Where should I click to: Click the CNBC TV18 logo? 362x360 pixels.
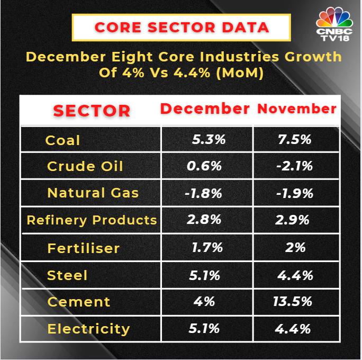pos(334,24)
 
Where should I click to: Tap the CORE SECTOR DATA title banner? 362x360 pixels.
pos(181,28)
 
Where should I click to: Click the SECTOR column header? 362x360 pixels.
pos(92,111)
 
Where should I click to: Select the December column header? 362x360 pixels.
pos(205,109)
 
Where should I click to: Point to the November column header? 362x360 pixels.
pos(297,109)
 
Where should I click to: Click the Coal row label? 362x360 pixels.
pos(62,140)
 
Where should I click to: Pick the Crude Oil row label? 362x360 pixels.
pos(85,166)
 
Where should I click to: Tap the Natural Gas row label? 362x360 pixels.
pos(93,193)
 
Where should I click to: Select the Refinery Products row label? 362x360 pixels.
pos(92,220)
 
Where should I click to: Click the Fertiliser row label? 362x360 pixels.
pos(83,248)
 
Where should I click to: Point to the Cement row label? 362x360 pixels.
pos(78,302)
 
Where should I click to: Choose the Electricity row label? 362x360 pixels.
pos(89,329)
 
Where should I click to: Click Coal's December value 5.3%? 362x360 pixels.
pos(209,139)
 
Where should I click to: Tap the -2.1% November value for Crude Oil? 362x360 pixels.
pos(295,166)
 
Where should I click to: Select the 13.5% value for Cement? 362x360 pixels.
pos(293,301)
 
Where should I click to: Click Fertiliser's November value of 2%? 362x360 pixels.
pos(295,248)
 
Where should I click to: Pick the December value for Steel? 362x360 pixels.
pos(204,275)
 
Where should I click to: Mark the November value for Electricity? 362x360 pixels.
pos(293,329)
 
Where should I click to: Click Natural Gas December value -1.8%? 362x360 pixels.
pos(203,193)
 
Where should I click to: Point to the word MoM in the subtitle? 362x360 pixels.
pos(240,73)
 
